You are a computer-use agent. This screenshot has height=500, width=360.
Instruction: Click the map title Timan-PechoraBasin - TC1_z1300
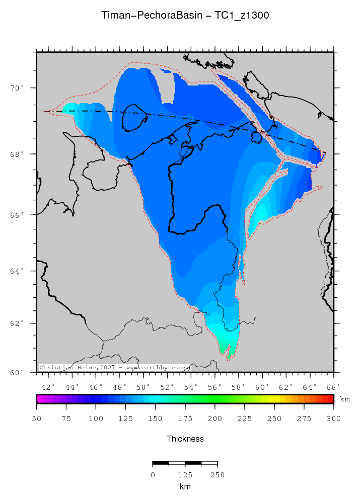(x=185, y=16)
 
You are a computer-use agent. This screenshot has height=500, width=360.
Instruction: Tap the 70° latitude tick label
(x=18, y=88)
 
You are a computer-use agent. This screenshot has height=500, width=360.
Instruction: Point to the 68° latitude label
(x=18, y=154)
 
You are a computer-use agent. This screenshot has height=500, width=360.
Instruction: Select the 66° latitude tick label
(x=18, y=215)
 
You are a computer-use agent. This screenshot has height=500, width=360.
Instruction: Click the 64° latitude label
(x=18, y=271)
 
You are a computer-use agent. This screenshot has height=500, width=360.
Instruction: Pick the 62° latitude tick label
(x=18, y=323)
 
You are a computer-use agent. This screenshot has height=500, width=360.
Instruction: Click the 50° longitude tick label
(x=143, y=387)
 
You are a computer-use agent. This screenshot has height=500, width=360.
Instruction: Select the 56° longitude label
(x=215, y=387)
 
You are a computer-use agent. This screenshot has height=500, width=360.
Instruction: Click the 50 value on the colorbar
(x=37, y=419)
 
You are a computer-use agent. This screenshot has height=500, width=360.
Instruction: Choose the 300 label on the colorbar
(x=333, y=419)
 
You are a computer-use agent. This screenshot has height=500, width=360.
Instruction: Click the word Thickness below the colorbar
(x=185, y=439)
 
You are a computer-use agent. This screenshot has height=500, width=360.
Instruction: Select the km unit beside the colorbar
(x=345, y=399)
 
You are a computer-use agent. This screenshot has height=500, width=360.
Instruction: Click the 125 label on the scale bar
(x=185, y=474)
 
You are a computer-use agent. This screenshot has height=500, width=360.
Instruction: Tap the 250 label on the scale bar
(x=217, y=474)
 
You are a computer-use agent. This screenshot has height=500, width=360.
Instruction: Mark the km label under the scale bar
(x=185, y=486)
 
